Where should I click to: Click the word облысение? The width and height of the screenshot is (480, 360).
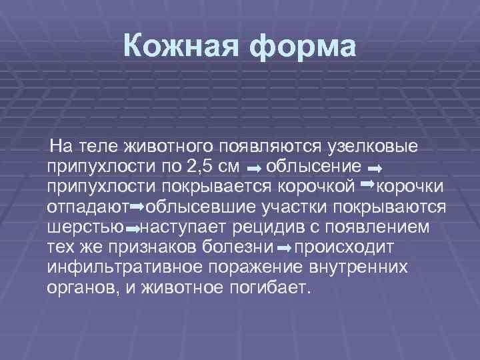(x=315, y=165)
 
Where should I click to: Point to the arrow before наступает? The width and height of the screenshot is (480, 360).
(x=133, y=229)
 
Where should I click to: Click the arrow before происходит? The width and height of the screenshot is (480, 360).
(x=284, y=249)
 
